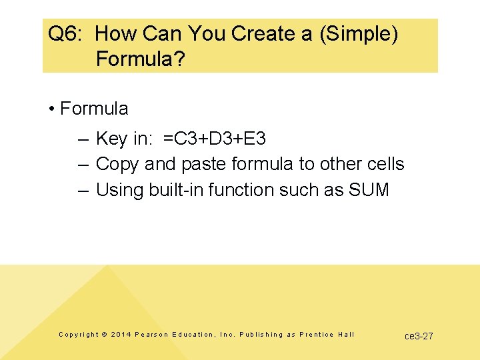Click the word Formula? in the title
pyautogui.click(x=140, y=59)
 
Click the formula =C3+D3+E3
pyautogui.click(x=215, y=139)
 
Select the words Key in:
pyautogui.click(x=125, y=139)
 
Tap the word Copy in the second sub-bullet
pyautogui.click(x=116, y=164)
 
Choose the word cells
pyautogui.click(x=385, y=164)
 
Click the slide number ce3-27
pyautogui.click(x=419, y=336)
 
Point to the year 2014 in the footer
pyautogui.click(x=121, y=335)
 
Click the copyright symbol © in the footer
pyautogui.click(x=104, y=335)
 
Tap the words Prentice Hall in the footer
pyautogui.click(x=327, y=335)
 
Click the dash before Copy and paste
pyautogui.click(x=83, y=164)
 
